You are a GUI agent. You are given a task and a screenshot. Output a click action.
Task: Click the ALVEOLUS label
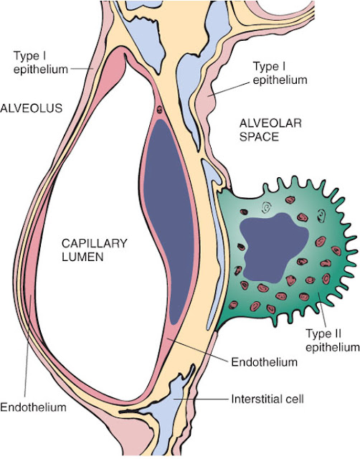(32, 108)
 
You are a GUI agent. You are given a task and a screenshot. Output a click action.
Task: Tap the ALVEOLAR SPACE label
(270, 130)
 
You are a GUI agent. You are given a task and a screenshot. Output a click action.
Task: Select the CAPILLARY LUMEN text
(95, 250)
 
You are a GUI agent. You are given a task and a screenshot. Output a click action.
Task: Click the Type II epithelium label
(333, 340)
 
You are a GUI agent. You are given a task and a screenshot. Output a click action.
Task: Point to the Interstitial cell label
(267, 399)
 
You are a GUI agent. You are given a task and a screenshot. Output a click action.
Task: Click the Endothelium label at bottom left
(33, 407)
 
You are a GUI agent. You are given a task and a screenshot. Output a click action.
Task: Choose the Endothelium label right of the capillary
(265, 362)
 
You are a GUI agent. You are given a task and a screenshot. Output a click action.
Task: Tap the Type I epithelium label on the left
(40, 62)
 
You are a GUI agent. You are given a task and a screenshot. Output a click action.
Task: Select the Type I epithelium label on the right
(280, 73)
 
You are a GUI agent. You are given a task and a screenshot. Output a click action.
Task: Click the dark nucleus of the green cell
(274, 247)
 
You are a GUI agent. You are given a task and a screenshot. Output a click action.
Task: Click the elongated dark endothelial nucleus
(169, 222)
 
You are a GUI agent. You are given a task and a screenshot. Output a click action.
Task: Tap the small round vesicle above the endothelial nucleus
(159, 110)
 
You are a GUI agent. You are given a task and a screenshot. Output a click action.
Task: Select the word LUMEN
(82, 257)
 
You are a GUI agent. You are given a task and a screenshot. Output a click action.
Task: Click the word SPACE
(260, 137)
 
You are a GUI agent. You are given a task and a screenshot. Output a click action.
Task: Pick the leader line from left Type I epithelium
(81, 69)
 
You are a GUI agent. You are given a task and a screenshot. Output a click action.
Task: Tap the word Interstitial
(253, 399)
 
